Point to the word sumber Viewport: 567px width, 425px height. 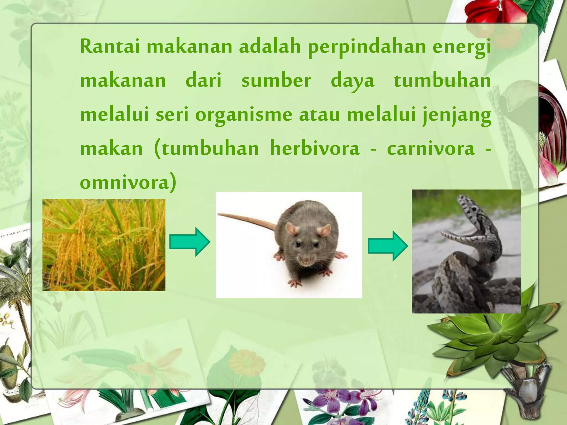click(276, 81)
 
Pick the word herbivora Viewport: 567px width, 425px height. click(315, 148)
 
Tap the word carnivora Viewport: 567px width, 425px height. click(431, 149)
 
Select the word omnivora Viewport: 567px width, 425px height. click(125, 183)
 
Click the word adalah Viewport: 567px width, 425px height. click(270, 46)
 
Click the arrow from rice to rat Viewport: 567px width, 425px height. click(190, 242)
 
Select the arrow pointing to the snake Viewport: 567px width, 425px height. click(388, 246)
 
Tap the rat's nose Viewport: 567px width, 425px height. click(306, 261)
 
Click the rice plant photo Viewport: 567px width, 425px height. click(104, 245)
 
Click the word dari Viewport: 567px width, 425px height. click(203, 81)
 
